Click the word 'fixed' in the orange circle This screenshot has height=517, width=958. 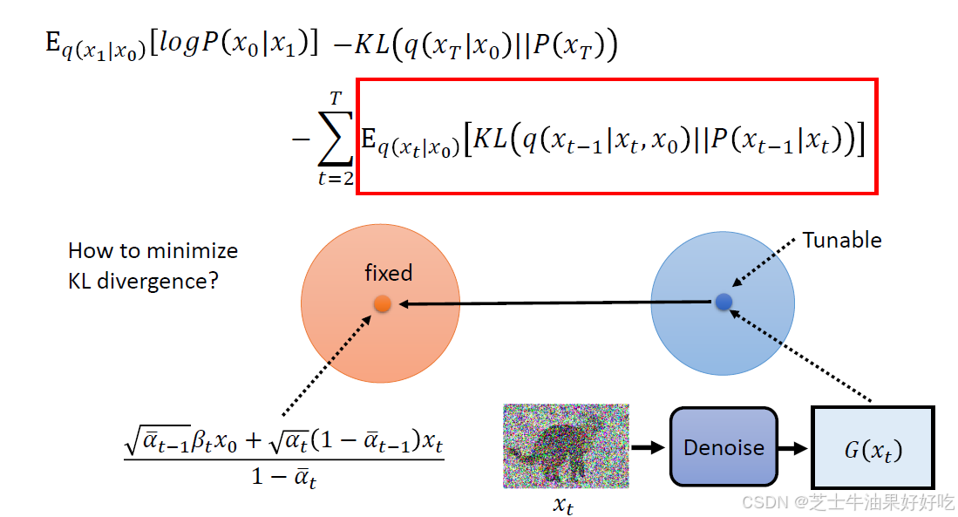pyautogui.click(x=388, y=273)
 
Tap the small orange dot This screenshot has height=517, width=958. pyautogui.click(x=382, y=303)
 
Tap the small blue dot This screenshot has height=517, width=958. pyautogui.click(x=723, y=302)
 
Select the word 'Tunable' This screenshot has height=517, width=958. pyautogui.click(x=841, y=240)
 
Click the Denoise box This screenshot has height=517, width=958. pyautogui.click(x=724, y=447)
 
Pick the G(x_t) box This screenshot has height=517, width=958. pyautogui.click(x=872, y=448)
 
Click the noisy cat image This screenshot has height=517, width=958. pyautogui.click(x=566, y=446)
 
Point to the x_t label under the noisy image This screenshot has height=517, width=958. pyautogui.click(x=563, y=504)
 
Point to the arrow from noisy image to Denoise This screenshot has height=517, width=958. pyautogui.click(x=648, y=448)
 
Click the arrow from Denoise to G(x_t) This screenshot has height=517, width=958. pyautogui.click(x=793, y=448)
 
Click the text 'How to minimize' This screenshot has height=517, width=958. pyautogui.click(x=153, y=251)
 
